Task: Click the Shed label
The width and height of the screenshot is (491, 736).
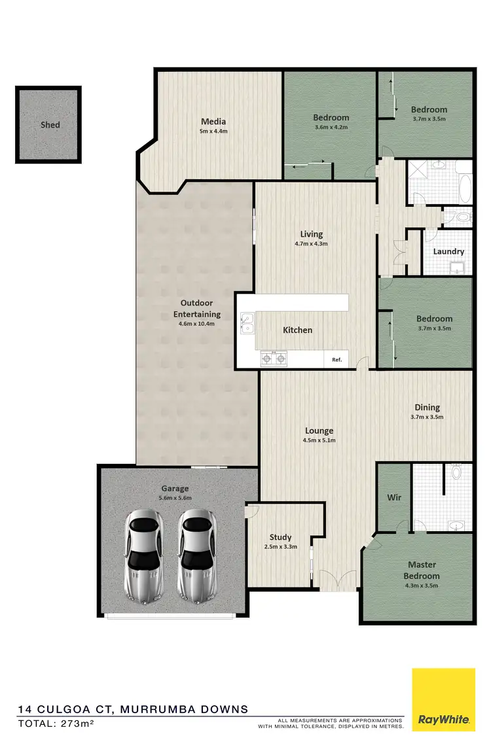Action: pos(50,125)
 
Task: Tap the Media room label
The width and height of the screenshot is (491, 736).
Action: pos(213,121)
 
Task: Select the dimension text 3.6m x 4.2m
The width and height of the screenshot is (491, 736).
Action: pos(331,128)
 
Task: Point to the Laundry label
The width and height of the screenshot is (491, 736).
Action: pos(448,251)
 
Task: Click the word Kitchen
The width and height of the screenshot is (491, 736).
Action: pos(297,330)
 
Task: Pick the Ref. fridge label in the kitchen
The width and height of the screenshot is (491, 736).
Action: pos(336,359)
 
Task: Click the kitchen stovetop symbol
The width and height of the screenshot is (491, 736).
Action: pos(275,357)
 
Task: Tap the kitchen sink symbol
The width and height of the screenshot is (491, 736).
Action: pos(247,323)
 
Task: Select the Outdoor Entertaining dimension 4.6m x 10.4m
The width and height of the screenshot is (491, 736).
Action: pos(200,324)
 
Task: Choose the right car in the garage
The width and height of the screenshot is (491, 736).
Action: pos(197,556)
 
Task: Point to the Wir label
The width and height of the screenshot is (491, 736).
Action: pos(394,497)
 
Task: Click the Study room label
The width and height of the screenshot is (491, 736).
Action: pos(280,537)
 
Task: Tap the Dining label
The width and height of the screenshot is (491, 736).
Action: pos(427,408)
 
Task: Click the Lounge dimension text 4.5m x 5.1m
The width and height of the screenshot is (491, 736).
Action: pos(319,440)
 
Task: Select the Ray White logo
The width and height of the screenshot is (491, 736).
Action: pos(443,699)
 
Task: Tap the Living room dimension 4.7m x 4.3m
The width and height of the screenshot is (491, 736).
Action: pos(311,243)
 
